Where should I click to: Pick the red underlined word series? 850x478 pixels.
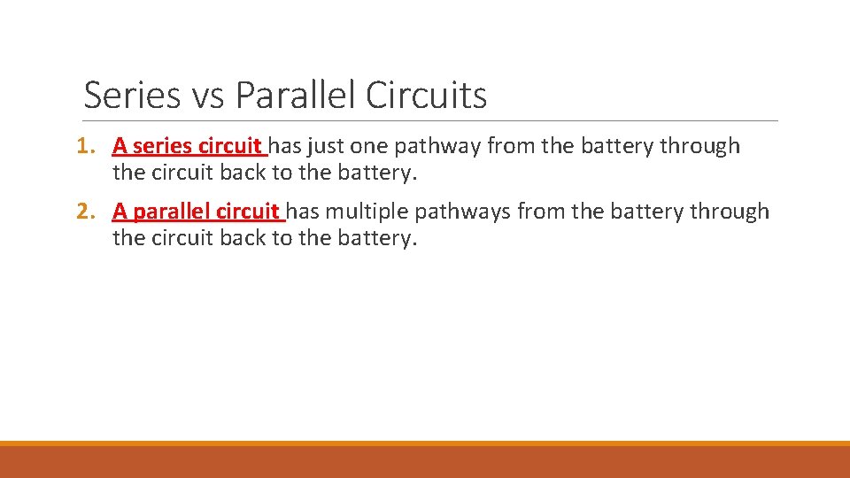tap(164, 146)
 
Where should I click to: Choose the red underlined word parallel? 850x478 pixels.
tap(174, 212)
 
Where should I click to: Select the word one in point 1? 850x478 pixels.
tap(369, 146)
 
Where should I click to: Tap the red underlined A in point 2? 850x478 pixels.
tap(120, 212)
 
